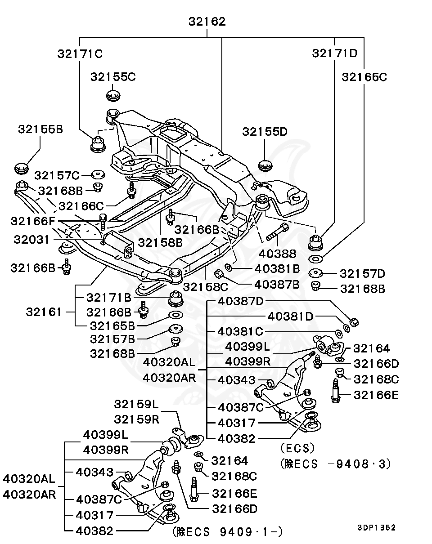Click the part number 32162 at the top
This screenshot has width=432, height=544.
pos(207,21)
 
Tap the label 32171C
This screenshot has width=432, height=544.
pos(80,54)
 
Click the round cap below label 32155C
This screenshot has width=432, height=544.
pos(114,95)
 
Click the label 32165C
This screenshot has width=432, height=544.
pos(364,77)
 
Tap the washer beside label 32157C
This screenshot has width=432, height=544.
pos(98,174)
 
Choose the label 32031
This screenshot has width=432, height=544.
pos(31,239)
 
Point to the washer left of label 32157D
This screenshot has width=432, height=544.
pos(317,272)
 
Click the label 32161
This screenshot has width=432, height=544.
pos(43,312)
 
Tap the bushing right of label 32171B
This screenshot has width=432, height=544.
pos(176,298)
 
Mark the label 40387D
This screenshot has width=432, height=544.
pos(240,301)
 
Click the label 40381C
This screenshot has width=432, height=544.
pos(240,331)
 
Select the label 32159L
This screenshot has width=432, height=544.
pos(136,404)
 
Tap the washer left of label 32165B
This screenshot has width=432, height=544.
pos(175,314)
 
